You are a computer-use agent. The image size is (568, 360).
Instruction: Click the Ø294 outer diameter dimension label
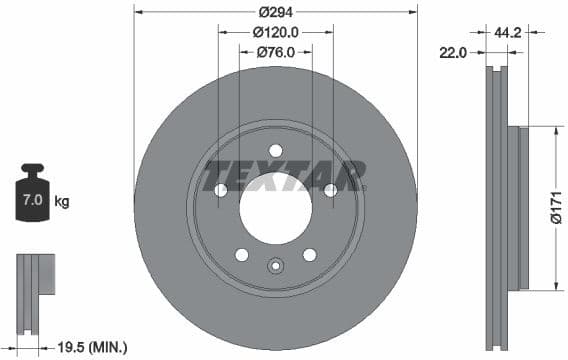coord(275,12)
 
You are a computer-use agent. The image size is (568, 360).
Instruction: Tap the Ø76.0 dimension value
coord(275,52)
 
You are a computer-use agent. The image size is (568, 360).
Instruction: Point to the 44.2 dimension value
coord(509,32)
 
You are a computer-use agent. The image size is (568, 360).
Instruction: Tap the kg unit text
coord(62,202)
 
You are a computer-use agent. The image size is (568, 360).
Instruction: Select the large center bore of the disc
coord(275,209)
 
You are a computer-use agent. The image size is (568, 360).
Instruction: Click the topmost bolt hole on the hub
coord(275,151)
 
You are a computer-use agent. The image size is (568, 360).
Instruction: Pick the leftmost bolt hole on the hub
coord(221,190)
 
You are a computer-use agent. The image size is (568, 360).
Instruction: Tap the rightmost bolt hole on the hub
coord(330,190)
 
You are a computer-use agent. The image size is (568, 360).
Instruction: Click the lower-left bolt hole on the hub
coord(242,254)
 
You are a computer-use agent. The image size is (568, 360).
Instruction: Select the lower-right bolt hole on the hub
coord(309,254)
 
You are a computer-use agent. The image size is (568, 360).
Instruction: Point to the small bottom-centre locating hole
coord(275,266)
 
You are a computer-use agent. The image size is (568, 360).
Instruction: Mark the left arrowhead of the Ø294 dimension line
coord(138,12)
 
